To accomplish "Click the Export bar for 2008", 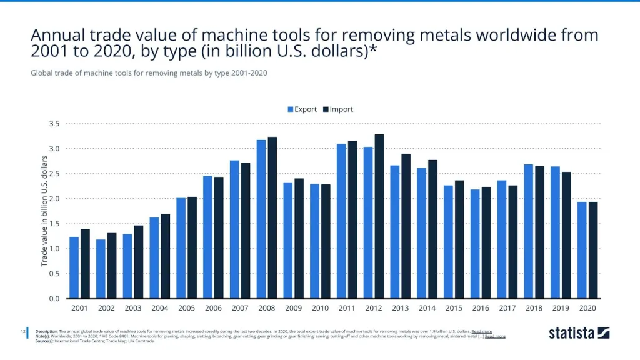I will tap(261, 219).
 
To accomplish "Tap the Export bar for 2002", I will tap(101, 269).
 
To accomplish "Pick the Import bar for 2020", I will tap(593, 250).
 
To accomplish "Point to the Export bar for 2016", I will tap(475, 244).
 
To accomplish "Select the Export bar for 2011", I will tap(341, 221).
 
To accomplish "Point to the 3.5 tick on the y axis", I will tap(54, 124).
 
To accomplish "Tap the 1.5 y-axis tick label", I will tap(54, 224).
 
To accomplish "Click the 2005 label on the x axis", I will tap(186, 308).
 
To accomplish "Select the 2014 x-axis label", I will tap(427, 308).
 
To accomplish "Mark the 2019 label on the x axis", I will tap(561, 308).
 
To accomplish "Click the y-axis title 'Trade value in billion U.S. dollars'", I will tap(45, 211).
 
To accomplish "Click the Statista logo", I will tap(579, 332).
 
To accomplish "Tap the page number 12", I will tap(23, 331).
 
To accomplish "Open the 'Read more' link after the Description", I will tap(481, 331).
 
